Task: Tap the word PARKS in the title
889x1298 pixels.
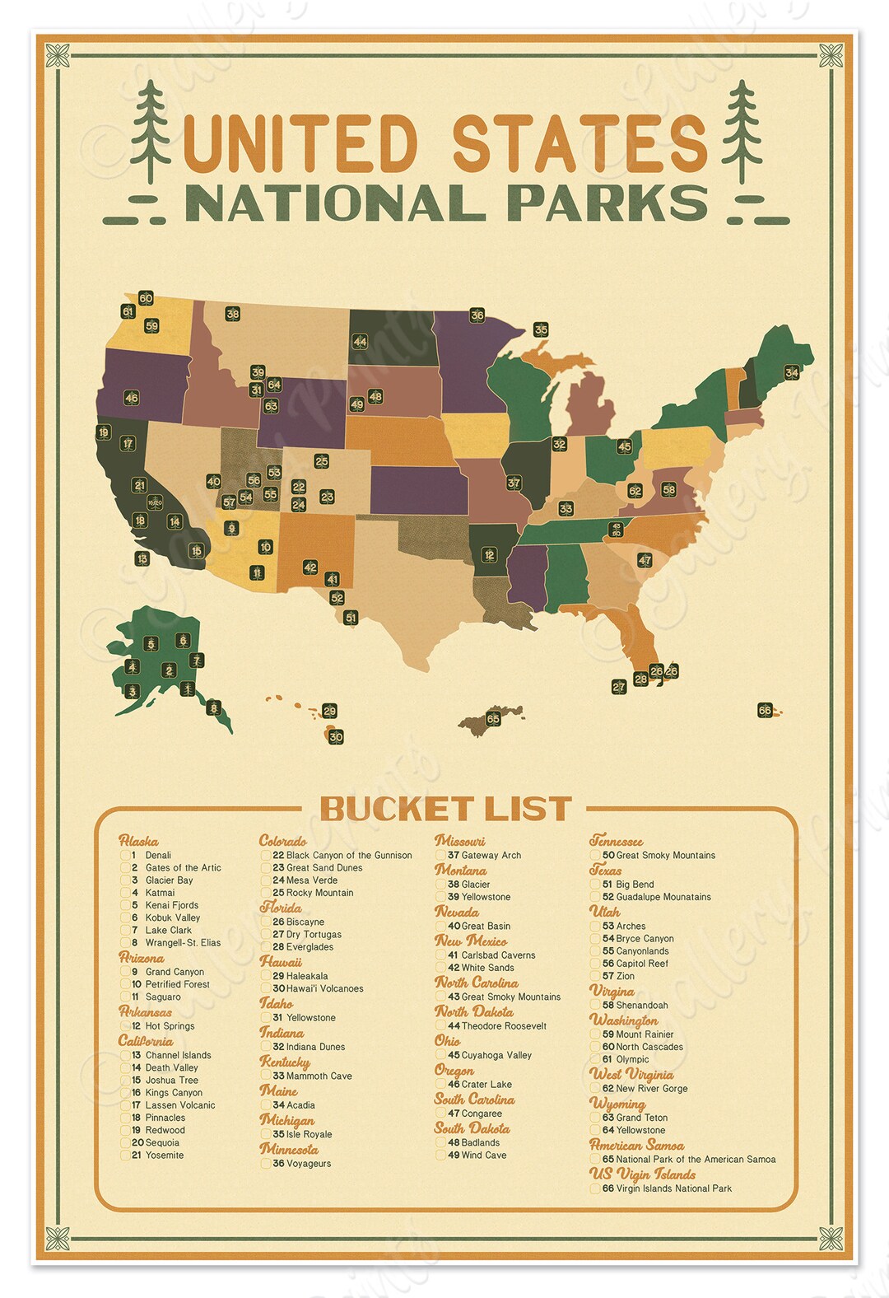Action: [x=607, y=203]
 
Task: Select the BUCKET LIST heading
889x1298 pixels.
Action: [x=445, y=809]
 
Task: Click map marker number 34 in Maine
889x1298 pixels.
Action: [x=792, y=372]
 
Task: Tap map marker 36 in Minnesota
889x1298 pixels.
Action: [x=477, y=315]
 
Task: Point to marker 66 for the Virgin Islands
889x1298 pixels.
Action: [x=765, y=710]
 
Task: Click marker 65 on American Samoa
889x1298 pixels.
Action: [x=493, y=718]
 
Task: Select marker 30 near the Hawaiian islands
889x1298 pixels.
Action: [x=336, y=737]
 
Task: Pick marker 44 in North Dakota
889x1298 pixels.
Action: [x=360, y=341]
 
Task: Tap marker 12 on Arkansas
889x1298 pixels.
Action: [x=489, y=555]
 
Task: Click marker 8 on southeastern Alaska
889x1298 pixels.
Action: [x=214, y=707]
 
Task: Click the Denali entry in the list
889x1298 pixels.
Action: [x=158, y=855]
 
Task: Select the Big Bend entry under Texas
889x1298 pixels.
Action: [x=635, y=884]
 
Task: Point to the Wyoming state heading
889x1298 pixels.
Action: [x=617, y=1103]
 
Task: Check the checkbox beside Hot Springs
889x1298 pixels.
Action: [x=126, y=1026]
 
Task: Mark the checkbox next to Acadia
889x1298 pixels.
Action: [x=267, y=1105]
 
